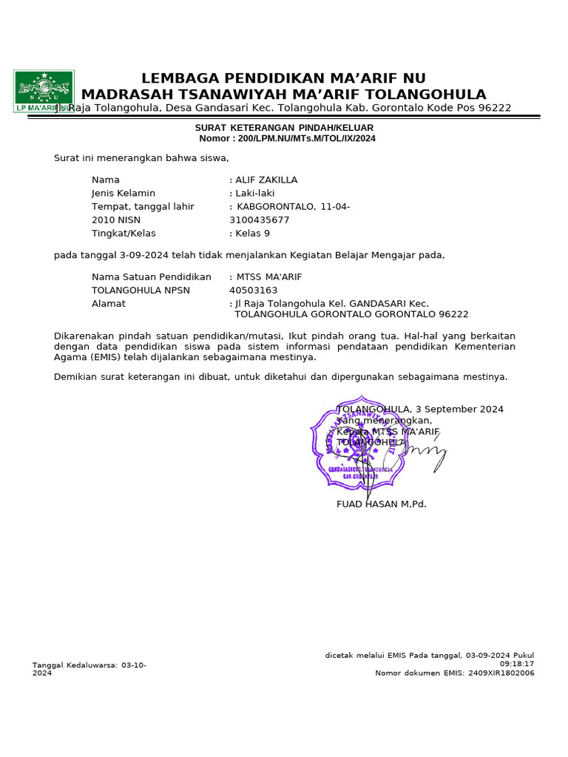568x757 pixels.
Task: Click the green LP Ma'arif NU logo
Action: tap(44, 90)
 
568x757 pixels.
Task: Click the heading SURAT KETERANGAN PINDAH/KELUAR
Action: tap(284, 128)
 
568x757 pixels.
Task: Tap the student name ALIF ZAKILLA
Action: tap(266, 180)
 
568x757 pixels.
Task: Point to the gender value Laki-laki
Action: tap(255, 193)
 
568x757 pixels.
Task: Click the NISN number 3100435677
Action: tap(260, 220)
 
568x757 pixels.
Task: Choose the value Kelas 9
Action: tap(253, 233)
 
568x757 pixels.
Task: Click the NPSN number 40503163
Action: tap(254, 290)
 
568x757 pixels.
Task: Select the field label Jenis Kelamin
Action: tap(124, 193)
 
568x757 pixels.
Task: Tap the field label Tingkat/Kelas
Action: tap(124, 233)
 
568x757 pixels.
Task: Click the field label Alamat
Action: tap(109, 303)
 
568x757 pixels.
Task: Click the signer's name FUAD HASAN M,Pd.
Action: tap(382, 504)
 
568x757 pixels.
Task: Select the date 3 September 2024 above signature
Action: tap(459, 409)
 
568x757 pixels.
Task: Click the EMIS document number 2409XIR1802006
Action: tap(500, 673)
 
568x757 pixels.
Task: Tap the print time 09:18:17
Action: tap(517, 664)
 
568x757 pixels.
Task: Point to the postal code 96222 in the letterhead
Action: tap(495, 108)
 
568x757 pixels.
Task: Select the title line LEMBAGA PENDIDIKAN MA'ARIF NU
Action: tap(283, 78)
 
